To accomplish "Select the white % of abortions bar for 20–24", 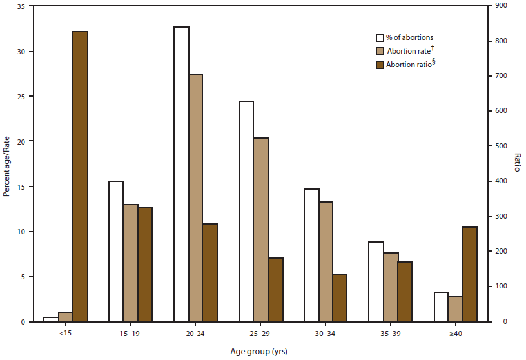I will (181, 174).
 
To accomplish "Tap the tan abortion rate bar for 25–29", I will (261, 230).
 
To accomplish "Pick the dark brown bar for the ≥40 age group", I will (470, 274).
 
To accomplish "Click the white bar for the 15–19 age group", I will (116, 251).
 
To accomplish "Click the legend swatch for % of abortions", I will (380, 37).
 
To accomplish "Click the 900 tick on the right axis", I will (502, 6).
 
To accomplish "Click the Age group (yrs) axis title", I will (258, 352).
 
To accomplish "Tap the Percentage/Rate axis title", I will (6, 164).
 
